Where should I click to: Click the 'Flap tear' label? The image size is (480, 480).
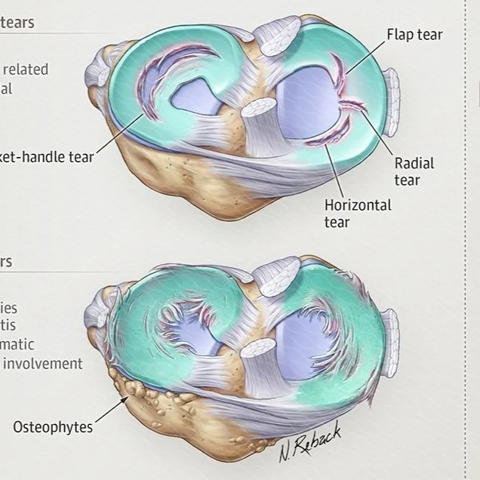414,35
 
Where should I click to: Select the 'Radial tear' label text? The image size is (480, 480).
414,171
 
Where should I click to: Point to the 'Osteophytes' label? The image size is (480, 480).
53,427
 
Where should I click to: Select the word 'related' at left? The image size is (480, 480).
26,69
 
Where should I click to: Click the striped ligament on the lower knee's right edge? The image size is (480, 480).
391,332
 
